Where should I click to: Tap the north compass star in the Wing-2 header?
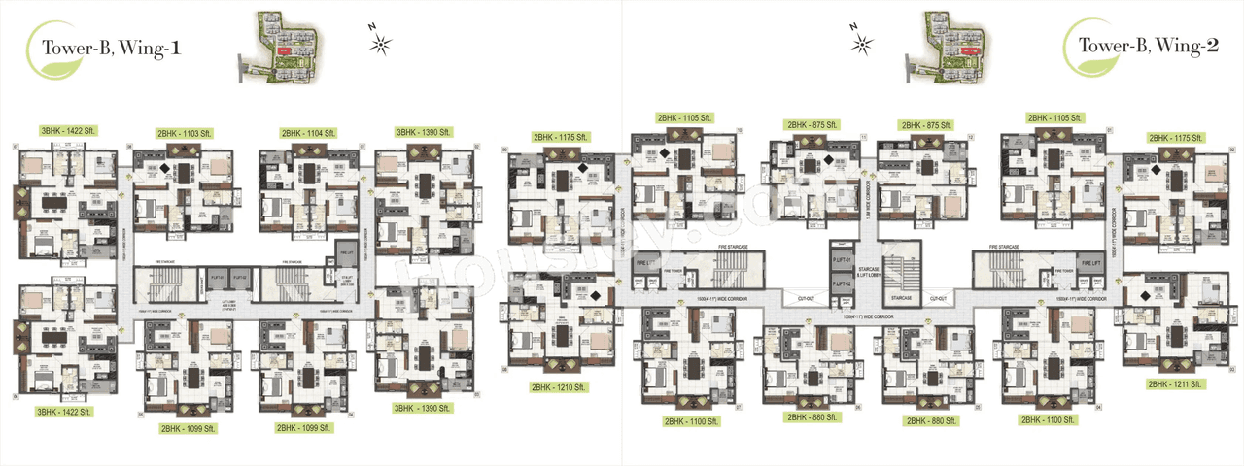click(860, 42)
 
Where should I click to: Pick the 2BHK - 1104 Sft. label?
click(308, 133)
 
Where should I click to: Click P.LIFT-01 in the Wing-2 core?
click(841, 259)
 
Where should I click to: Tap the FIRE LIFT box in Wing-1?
click(347, 252)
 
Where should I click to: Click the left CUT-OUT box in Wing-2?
click(806, 299)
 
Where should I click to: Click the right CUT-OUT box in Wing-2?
click(939, 299)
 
